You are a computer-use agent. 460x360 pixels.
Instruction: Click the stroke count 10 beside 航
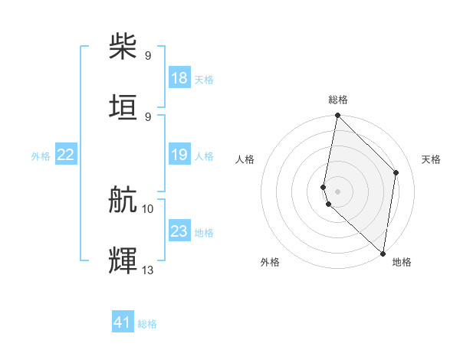coord(148,208)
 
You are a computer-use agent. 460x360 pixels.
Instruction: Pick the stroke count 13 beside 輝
coord(148,270)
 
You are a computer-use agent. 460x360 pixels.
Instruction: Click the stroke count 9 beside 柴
coord(148,55)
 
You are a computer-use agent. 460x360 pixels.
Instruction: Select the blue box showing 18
coord(179,78)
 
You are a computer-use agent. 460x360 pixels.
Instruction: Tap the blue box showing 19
coord(179,155)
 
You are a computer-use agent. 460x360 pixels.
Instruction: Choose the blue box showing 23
coord(179,231)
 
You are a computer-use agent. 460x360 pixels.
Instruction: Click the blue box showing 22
coord(66,155)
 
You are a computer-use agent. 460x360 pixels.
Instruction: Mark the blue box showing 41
coord(123,322)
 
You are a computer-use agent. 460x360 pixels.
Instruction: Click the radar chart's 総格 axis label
coord(338,100)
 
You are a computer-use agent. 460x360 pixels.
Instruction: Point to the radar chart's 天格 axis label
coord(432,159)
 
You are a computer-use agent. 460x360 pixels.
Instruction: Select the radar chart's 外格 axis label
coord(270,262)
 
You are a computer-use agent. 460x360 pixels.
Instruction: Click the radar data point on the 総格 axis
coord(337,116)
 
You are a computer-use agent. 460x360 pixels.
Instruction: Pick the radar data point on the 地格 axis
coord(383,254)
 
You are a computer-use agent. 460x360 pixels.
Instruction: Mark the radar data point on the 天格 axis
coord(396,172)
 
